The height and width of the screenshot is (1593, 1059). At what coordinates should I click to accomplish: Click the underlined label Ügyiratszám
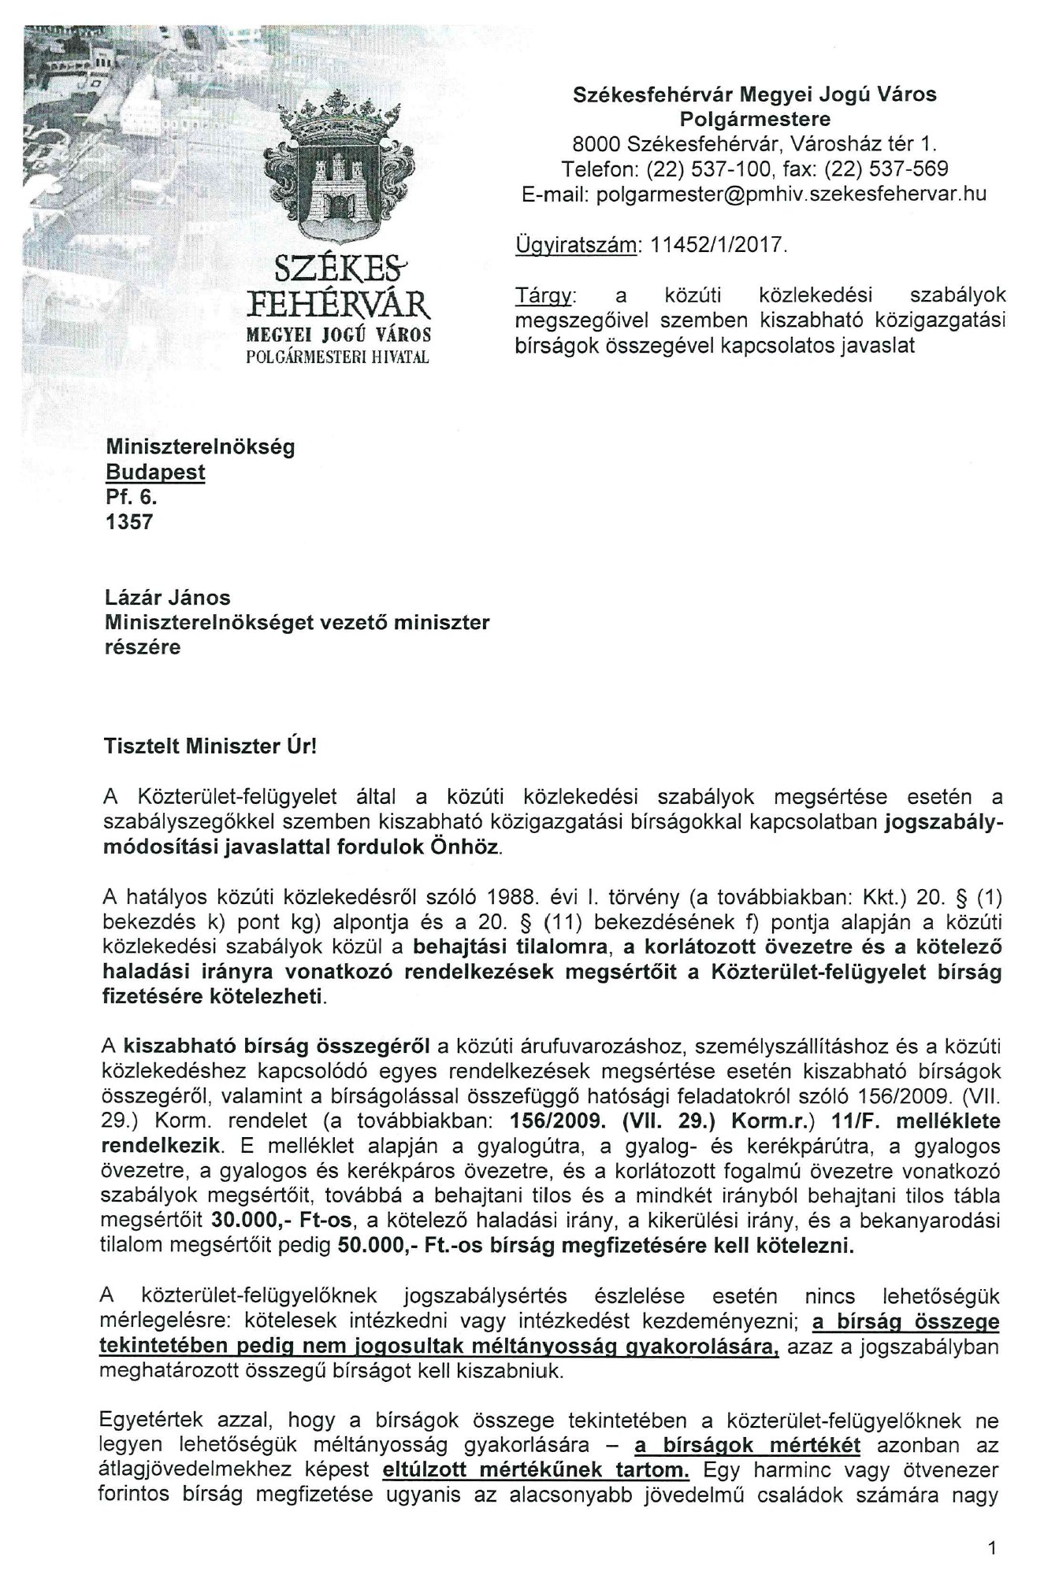click(575, 245)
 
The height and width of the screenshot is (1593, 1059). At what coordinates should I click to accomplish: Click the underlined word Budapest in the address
click(155, 472)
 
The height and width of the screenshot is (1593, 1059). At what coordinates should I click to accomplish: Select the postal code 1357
click(128, 521)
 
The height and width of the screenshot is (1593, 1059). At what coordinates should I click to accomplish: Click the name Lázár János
click(167, 598)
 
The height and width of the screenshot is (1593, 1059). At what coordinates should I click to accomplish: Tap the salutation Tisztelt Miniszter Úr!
click(210, 746)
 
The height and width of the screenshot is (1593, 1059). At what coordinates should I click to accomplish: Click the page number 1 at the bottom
click(992, 1548)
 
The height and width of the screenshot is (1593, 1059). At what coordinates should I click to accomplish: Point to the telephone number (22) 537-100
click(711, 169)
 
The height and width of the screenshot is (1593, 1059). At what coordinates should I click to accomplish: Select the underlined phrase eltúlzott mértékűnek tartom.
click(534, 1470)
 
